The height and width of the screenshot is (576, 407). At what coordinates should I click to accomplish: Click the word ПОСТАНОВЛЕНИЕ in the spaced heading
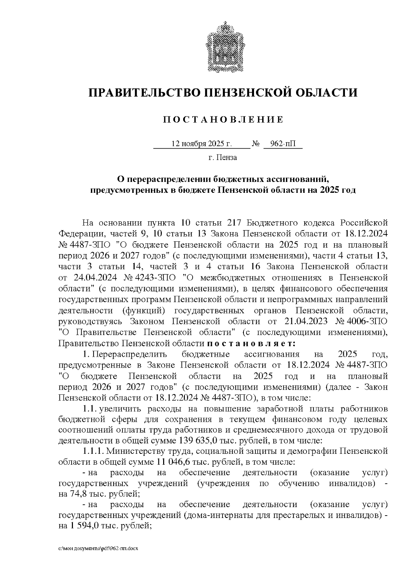(x=223, y=120)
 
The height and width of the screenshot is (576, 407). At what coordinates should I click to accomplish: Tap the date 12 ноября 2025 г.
(x=201, y=144)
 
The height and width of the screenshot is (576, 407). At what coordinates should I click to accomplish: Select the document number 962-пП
(x=283, y=144)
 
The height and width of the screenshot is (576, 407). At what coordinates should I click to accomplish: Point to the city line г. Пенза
(x=223, y=157)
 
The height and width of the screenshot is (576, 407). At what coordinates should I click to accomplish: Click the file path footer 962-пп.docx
(x=98, y=549)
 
